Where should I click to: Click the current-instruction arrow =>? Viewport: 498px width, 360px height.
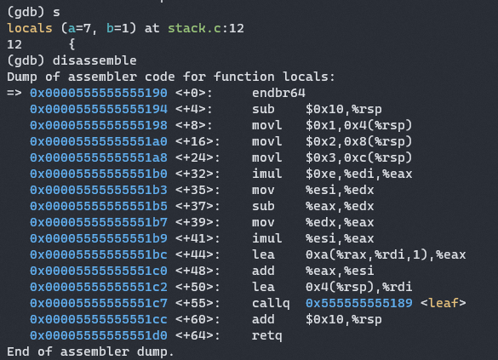14,94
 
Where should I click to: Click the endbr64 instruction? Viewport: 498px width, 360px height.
278,93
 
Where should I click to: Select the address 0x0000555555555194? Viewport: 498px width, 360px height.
99,109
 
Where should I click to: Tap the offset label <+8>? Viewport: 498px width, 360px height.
194,125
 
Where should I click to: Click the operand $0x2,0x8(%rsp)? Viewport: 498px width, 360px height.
358,141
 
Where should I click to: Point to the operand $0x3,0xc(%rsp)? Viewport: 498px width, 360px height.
358,157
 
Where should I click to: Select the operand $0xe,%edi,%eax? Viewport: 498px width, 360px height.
359,174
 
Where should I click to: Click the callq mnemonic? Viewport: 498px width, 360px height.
271,304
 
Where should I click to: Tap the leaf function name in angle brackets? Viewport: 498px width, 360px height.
444,303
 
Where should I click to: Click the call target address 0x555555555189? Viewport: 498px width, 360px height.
359,303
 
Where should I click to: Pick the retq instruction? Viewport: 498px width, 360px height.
266,336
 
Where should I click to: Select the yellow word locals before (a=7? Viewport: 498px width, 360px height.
30,28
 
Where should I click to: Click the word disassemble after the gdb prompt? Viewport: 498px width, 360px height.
94,60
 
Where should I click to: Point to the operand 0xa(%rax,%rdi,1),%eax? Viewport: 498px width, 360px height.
386,255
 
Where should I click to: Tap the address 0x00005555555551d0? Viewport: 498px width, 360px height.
99,335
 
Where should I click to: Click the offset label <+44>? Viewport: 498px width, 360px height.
197,254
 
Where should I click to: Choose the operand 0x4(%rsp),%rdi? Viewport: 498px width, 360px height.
358,288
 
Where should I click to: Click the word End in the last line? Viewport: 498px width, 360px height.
18,351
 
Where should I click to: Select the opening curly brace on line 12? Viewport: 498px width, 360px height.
72,44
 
